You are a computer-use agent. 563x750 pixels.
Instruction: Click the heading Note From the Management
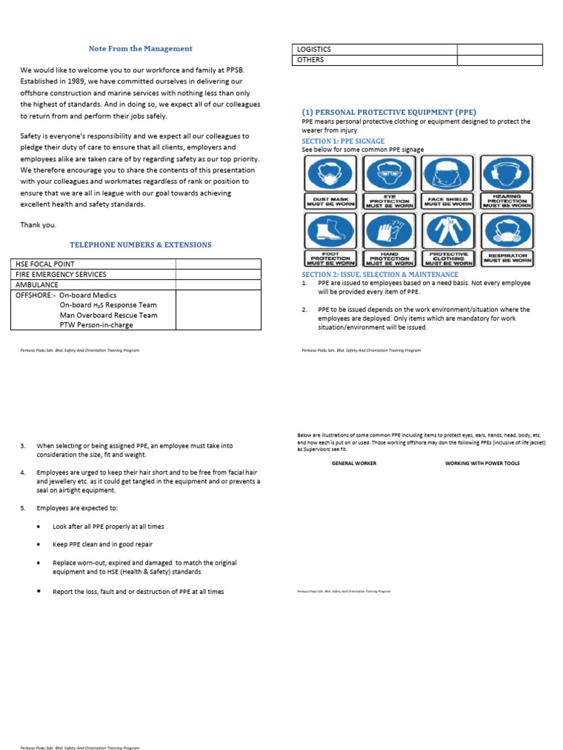coord(140,48)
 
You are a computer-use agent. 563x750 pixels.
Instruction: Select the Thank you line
coord(38,225)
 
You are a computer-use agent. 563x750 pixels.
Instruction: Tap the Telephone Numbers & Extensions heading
coord(140,245)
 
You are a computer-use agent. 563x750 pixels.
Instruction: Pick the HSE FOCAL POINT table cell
coord(45,264)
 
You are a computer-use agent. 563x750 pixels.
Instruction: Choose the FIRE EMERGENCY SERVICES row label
coord(61,274)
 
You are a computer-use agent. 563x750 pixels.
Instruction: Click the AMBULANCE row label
coord(37,284)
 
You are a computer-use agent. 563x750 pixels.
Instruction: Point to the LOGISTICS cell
coord(314,49)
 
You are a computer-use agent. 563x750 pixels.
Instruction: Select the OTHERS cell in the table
coord(310,60)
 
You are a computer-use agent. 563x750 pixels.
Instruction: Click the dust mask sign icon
coord(329,175)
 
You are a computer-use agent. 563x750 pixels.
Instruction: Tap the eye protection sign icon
coord(390,175)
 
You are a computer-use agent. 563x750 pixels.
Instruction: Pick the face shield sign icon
coord(448,175)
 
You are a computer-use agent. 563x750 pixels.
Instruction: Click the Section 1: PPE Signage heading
coord(343,141)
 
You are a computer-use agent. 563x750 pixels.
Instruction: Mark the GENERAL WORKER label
coord(354,464)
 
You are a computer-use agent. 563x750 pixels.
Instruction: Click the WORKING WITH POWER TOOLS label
coord(482,464)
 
